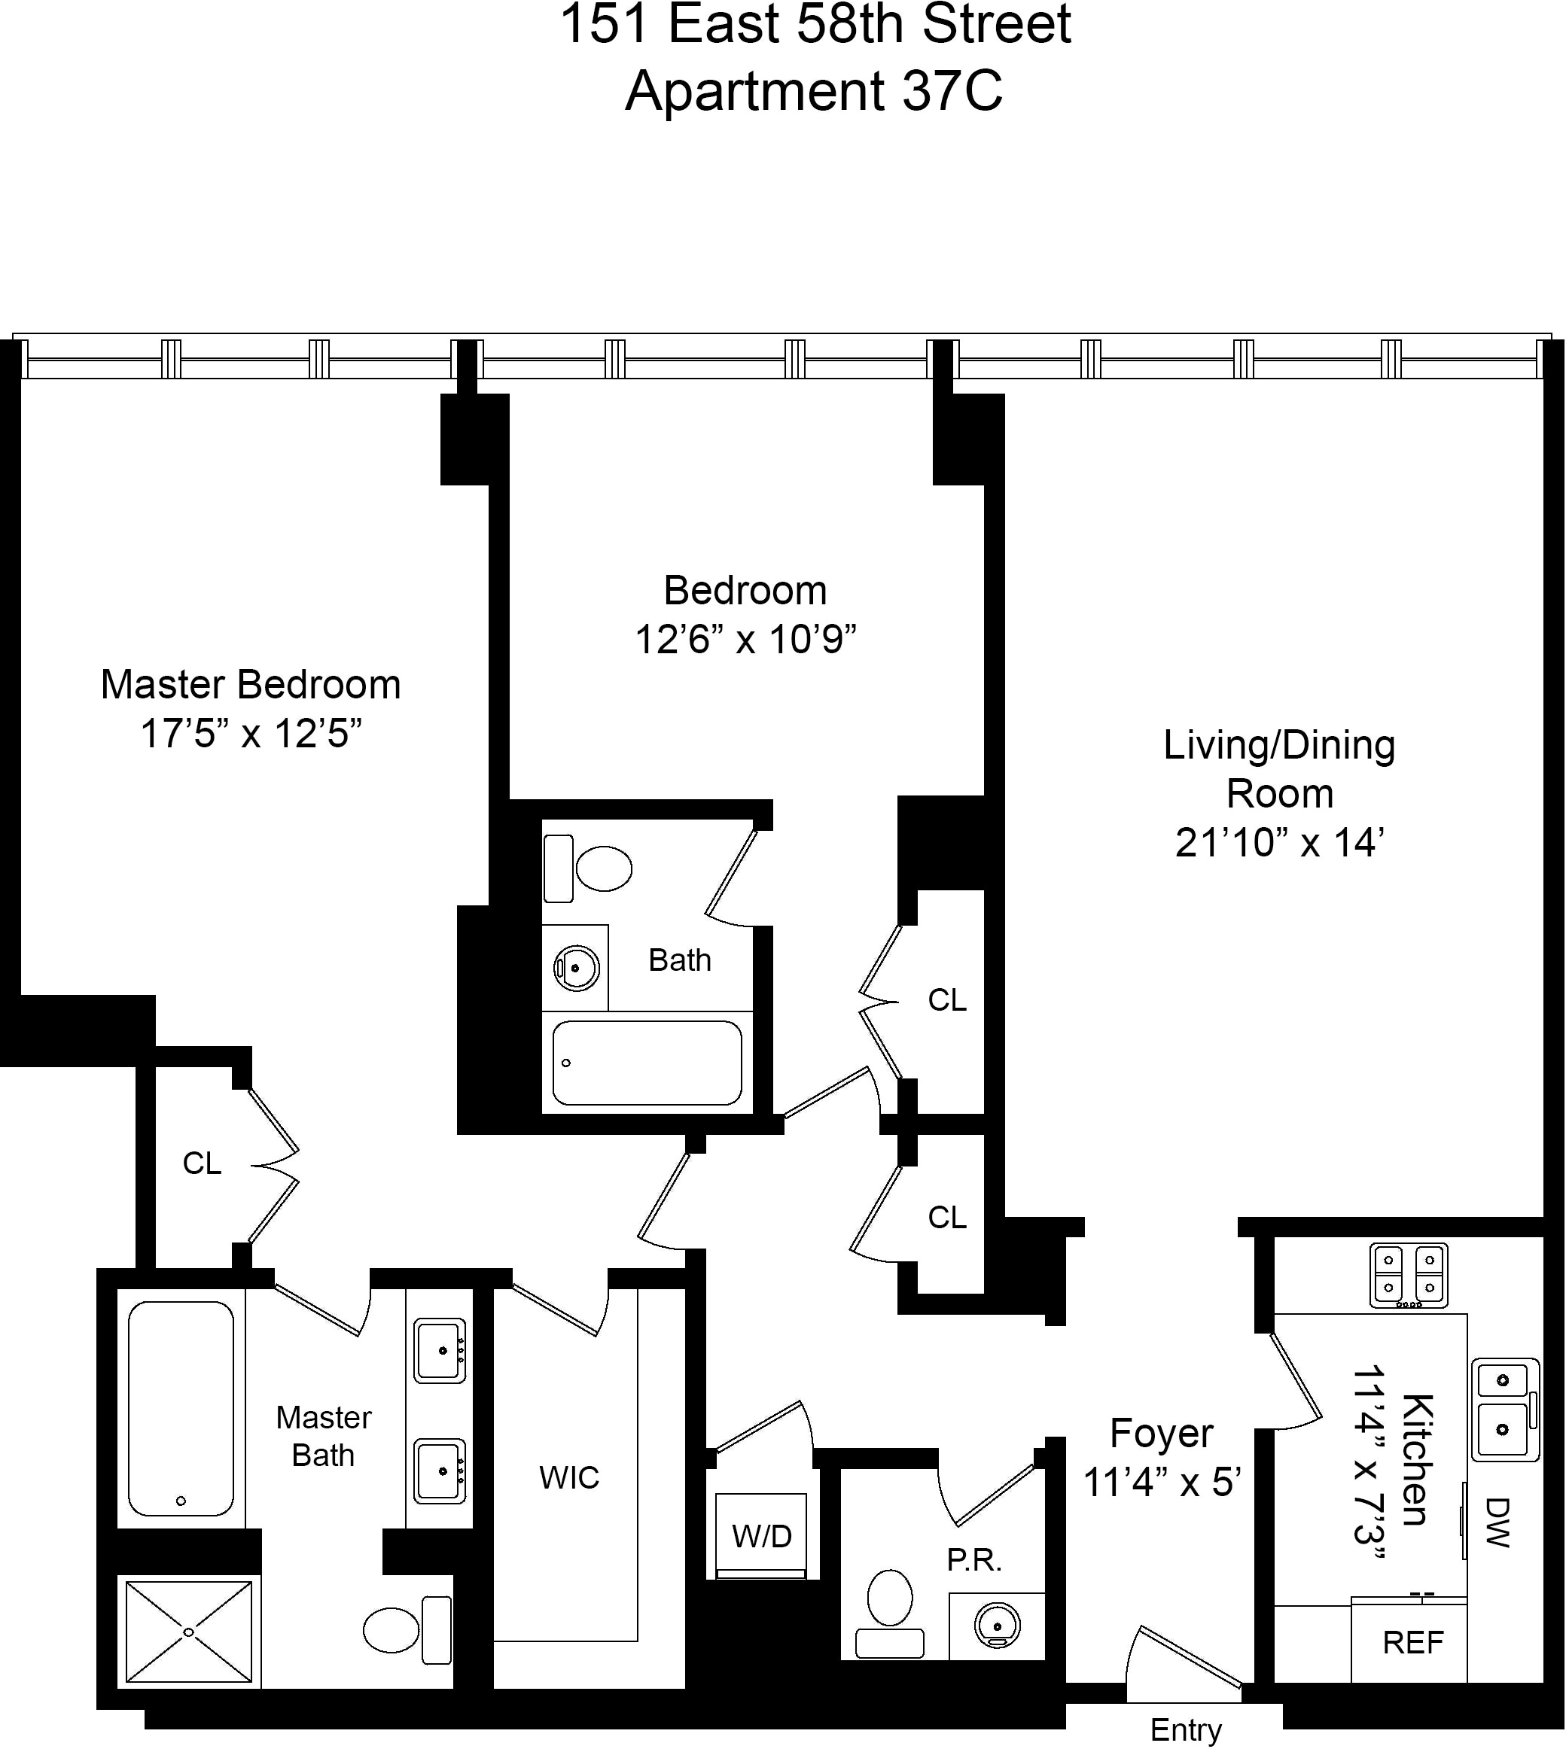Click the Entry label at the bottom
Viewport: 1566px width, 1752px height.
(x=1185, y=1729)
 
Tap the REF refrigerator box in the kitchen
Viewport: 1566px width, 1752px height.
(x=1412, y=1642)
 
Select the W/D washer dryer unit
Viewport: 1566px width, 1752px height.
(x=761, y=1535)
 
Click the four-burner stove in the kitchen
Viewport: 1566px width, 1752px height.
(x=1409, y=1275)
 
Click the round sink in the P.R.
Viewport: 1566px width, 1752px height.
(x=998, y=1626)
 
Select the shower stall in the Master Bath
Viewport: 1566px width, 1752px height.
(x=188, y=1632)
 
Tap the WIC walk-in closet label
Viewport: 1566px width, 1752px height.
(x=568, y=1477)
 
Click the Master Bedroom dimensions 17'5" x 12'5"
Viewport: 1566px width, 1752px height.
(x=251, y=735)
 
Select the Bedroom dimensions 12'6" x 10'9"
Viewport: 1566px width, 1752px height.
(x=745, y=640)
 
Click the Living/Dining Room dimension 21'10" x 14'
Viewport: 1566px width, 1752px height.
(x=1278, y=843)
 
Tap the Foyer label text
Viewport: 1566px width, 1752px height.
(x=1161, y=1433)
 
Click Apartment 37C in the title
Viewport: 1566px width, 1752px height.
(x=814, y=92)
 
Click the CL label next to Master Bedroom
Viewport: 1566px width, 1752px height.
(x=203, y=1163)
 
